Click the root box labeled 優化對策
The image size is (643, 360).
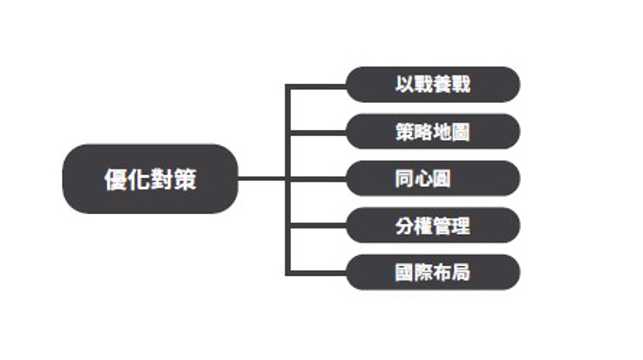point(150,179)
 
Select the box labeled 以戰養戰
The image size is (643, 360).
point(433,84)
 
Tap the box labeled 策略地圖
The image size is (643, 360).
point(433,131)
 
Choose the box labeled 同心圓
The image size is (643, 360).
point(433,178)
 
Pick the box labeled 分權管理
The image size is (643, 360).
point(433,226)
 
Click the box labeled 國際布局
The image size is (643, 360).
point(433,273)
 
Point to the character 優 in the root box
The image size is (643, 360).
point(115,180)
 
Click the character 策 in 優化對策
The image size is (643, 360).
point(185,180)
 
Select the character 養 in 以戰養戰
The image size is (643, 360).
point(442,84)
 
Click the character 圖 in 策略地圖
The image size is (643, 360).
point(461,132)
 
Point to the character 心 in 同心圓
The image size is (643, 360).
point(423,179)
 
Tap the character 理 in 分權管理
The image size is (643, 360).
point(461,226)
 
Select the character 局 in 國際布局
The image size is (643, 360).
point(461,273)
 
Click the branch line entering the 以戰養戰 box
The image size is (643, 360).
point(317,86)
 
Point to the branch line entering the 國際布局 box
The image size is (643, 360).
point(317,273)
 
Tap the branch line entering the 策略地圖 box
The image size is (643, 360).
point(317,133)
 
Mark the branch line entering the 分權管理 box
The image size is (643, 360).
point(317,226)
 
